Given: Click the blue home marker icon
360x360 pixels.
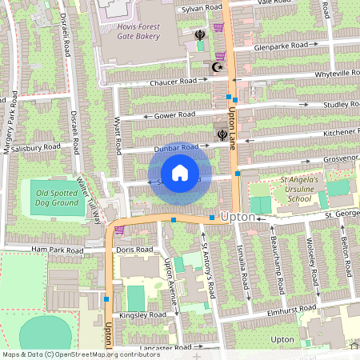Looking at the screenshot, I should click(x=180, y=173).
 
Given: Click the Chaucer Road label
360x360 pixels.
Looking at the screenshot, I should click(x=172, y=82).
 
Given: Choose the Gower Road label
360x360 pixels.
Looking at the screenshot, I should click(x=174, y=115).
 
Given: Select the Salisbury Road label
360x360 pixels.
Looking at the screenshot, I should click(x=35, y=147).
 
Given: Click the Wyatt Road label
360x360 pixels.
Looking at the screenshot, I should click(x=118, y=136).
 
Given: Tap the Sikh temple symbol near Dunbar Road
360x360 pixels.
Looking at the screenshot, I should click(x=222, y=134).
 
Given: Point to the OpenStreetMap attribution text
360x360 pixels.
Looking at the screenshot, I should click(x=70, y=354).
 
